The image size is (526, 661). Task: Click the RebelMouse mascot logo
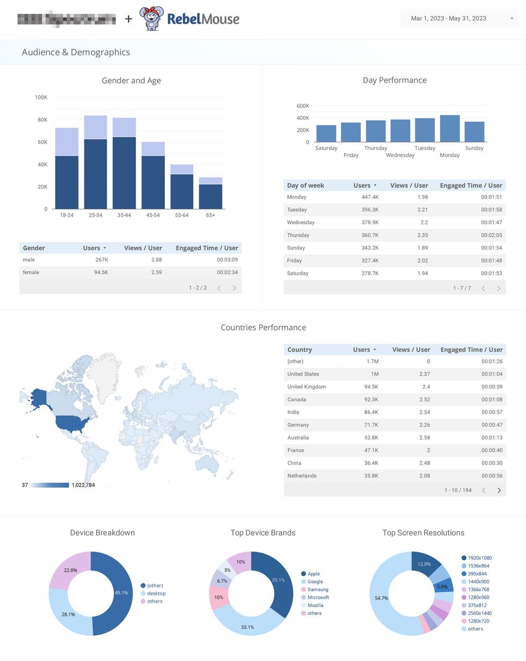coord(151,19)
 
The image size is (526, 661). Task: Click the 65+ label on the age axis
coord(210,215)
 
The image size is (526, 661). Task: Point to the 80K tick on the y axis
coord(41,120)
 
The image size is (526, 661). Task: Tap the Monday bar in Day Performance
coord(450,129)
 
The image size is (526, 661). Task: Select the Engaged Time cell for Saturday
coord(491,273)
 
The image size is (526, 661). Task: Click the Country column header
coord(299,350)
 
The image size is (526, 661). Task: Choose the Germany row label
coord(298,425)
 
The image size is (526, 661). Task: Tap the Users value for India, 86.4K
coord(370,412)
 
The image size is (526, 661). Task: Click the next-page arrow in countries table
coord(499,490)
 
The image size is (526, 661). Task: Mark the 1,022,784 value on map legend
coord(83,485)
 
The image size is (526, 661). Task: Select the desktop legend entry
coord(156,593)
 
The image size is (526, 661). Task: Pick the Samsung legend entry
coord(317,590)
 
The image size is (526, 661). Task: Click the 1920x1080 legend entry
coord(479,558)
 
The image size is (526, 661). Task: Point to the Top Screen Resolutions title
coord(423,533)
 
